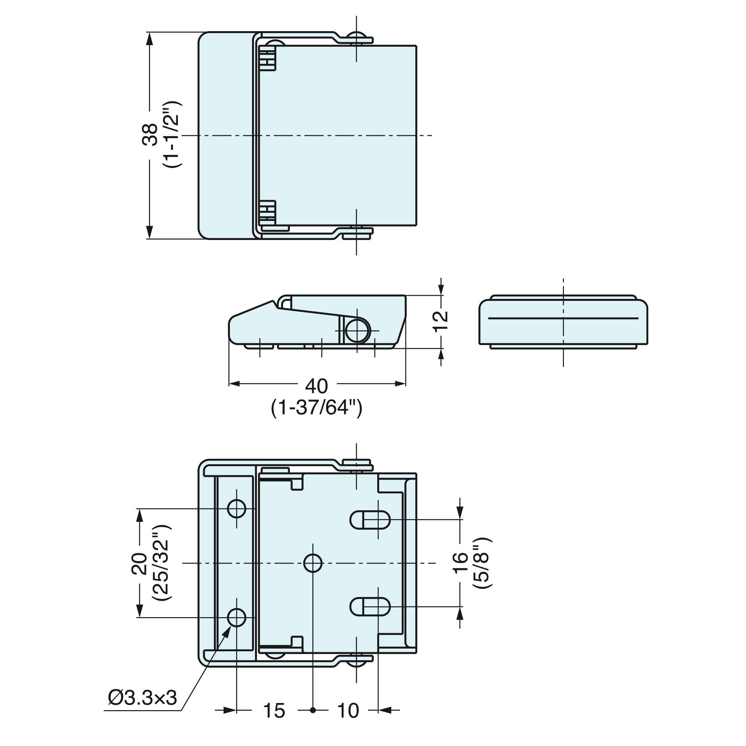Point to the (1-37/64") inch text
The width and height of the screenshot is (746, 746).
[317, 408]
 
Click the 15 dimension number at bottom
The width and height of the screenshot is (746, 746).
[274, 721]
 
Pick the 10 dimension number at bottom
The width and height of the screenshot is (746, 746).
[348, 721]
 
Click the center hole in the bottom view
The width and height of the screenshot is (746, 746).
[313, 563]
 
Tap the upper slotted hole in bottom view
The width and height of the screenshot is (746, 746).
[370, 520]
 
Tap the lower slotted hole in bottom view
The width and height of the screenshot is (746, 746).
[370, 607]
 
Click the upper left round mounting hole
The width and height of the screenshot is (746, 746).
[237, 508]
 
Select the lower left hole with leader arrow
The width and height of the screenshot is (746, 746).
[237, 618]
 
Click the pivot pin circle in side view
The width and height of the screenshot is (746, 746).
[357, 331]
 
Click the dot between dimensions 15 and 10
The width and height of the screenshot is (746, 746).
[313, 721]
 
